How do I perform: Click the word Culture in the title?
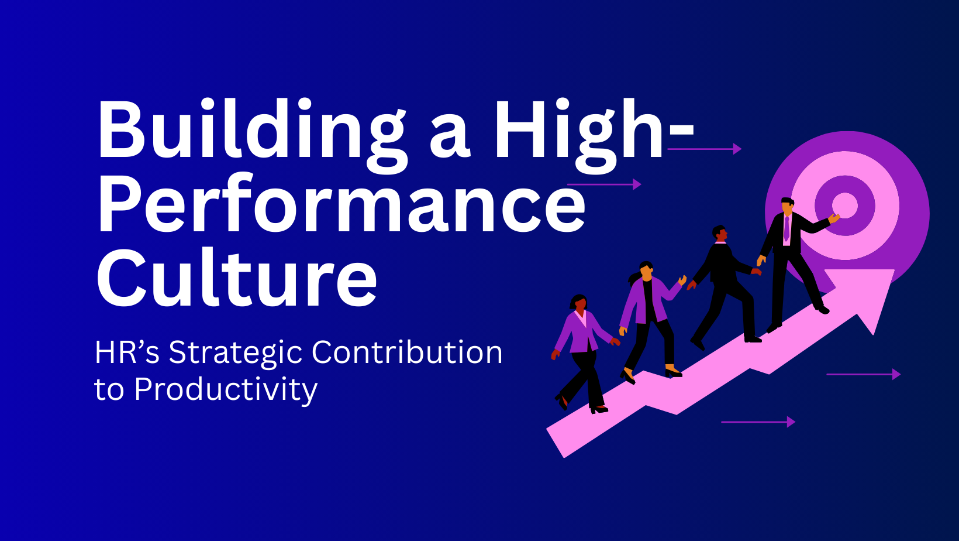[237, 276]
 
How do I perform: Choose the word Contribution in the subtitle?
[407, 352]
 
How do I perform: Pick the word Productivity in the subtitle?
[226, 391]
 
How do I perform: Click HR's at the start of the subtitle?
[127, 352]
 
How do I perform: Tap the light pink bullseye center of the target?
[845, 206]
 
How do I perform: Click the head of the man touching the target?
[787, 206]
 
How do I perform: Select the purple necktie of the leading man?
[786, 228]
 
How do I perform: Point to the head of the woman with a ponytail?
[646, 270]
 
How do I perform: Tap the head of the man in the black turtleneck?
[720, 234]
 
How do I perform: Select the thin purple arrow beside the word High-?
[704, 149]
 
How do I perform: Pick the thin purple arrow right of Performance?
[604, 184]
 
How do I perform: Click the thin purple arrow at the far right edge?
[864, 374]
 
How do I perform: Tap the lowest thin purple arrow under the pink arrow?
[758, 422]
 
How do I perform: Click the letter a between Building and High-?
[450, 137]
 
